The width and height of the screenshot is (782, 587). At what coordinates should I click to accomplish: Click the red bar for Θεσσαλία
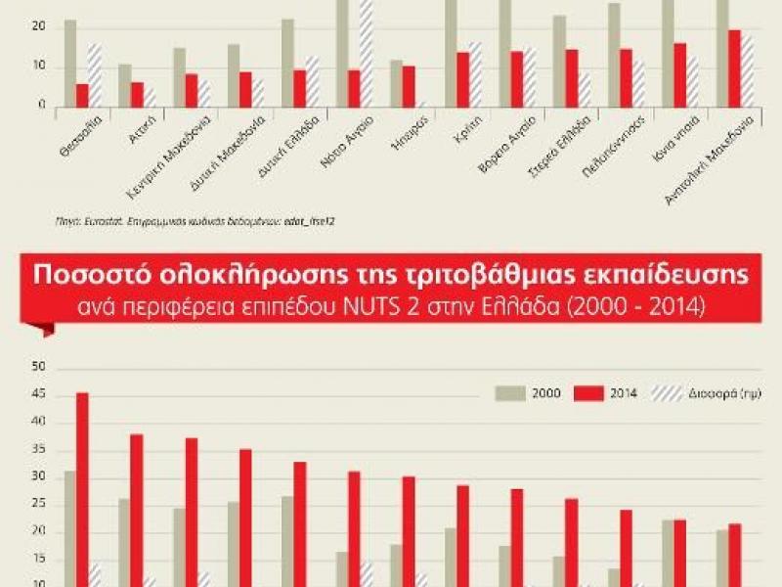(x=82, y=95)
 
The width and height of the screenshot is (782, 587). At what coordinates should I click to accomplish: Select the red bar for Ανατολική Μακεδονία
(x=734, y=68)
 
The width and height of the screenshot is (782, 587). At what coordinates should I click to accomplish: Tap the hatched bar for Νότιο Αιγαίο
(x=367, y=53)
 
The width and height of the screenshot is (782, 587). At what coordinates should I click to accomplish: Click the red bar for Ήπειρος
(x=410, y=86)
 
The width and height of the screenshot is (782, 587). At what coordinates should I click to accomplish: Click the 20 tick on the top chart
(x=39, y=26)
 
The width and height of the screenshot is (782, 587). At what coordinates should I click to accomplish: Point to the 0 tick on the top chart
(x=42, y=106)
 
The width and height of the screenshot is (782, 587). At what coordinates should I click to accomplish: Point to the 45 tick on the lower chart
(x=39, y=394)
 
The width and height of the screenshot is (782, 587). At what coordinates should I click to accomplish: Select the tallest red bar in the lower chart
(x=82, y=489)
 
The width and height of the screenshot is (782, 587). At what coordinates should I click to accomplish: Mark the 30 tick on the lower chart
(x=39, y=476)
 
